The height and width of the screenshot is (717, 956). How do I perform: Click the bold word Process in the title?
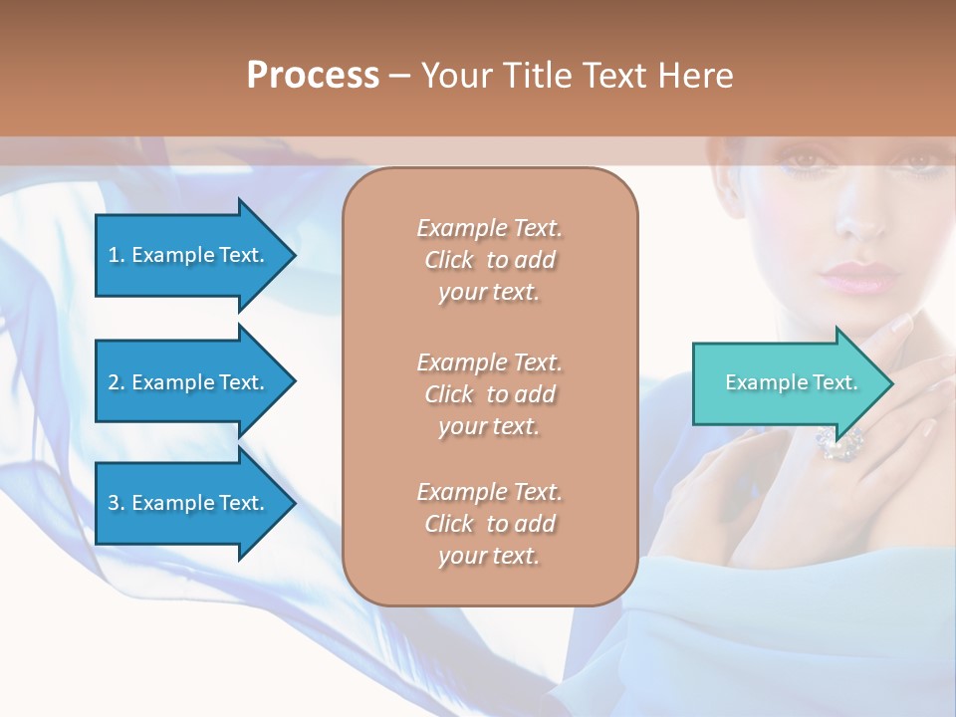point(313,75)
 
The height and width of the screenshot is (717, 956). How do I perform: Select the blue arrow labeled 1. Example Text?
point(189,255)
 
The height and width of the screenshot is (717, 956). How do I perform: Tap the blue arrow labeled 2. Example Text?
point(189,382)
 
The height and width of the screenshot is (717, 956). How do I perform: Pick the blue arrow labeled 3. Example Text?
point(189,503)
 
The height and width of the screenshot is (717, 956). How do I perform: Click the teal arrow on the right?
point(787,382)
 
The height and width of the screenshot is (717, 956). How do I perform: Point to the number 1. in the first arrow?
point(117,255)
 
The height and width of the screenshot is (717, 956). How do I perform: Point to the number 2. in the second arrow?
point(117,382)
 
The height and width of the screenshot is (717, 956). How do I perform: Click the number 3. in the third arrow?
point(117,503)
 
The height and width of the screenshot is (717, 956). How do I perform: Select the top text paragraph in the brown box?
point(489,260)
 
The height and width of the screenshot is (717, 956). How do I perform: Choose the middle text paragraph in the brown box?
point(489,394)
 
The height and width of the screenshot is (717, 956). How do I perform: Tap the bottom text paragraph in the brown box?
point(489,524)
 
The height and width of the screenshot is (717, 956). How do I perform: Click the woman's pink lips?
point(857,276)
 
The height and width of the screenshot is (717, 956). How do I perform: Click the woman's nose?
point(858,220)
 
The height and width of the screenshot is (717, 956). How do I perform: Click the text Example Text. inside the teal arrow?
point(791,382)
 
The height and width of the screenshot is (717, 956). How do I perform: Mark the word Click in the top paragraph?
point(449,260)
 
